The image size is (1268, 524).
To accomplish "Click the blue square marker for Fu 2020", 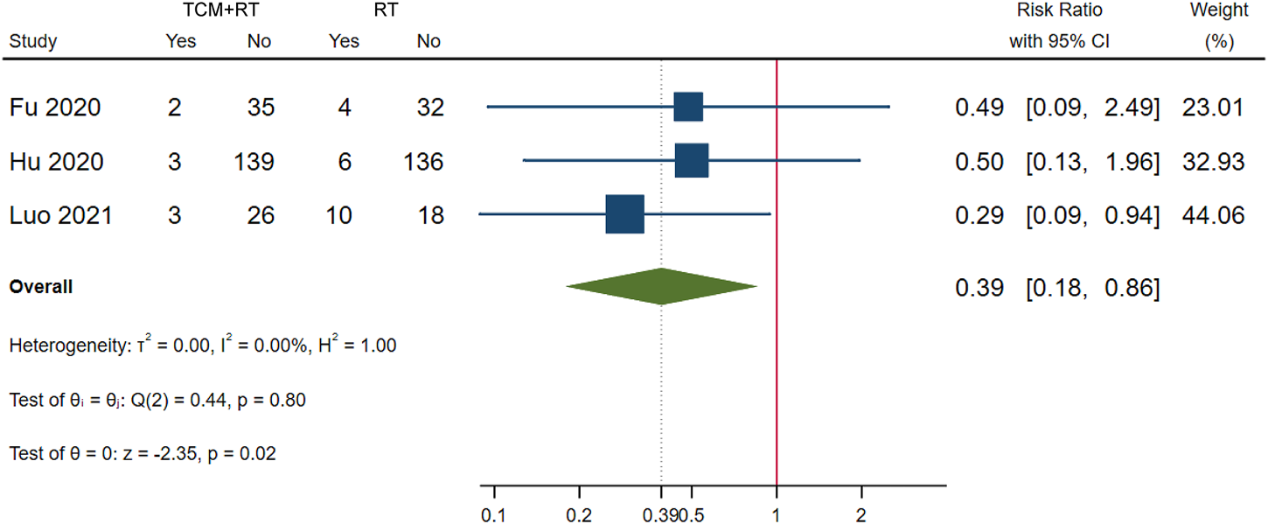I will [688, 107].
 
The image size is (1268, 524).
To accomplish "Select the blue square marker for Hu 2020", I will [692, 161].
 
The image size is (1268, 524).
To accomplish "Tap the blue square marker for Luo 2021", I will [624, 214].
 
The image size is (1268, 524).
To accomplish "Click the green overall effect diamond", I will [661, 286].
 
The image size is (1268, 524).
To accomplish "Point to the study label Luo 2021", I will [60, 214].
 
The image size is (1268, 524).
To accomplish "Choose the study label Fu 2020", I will [54, 108].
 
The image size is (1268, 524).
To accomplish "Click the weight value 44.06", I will [1215, 214].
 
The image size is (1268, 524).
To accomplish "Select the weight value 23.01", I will [1215, 108].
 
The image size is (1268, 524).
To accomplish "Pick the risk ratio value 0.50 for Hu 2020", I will [979, 162].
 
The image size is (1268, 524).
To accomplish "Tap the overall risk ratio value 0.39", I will [979, 287].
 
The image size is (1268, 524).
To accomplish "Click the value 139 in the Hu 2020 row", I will [254, 162].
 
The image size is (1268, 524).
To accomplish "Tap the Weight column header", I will [1218, 11].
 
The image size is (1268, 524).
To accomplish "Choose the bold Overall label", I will [40, 287].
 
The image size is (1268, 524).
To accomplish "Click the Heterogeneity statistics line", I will [203, 346].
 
